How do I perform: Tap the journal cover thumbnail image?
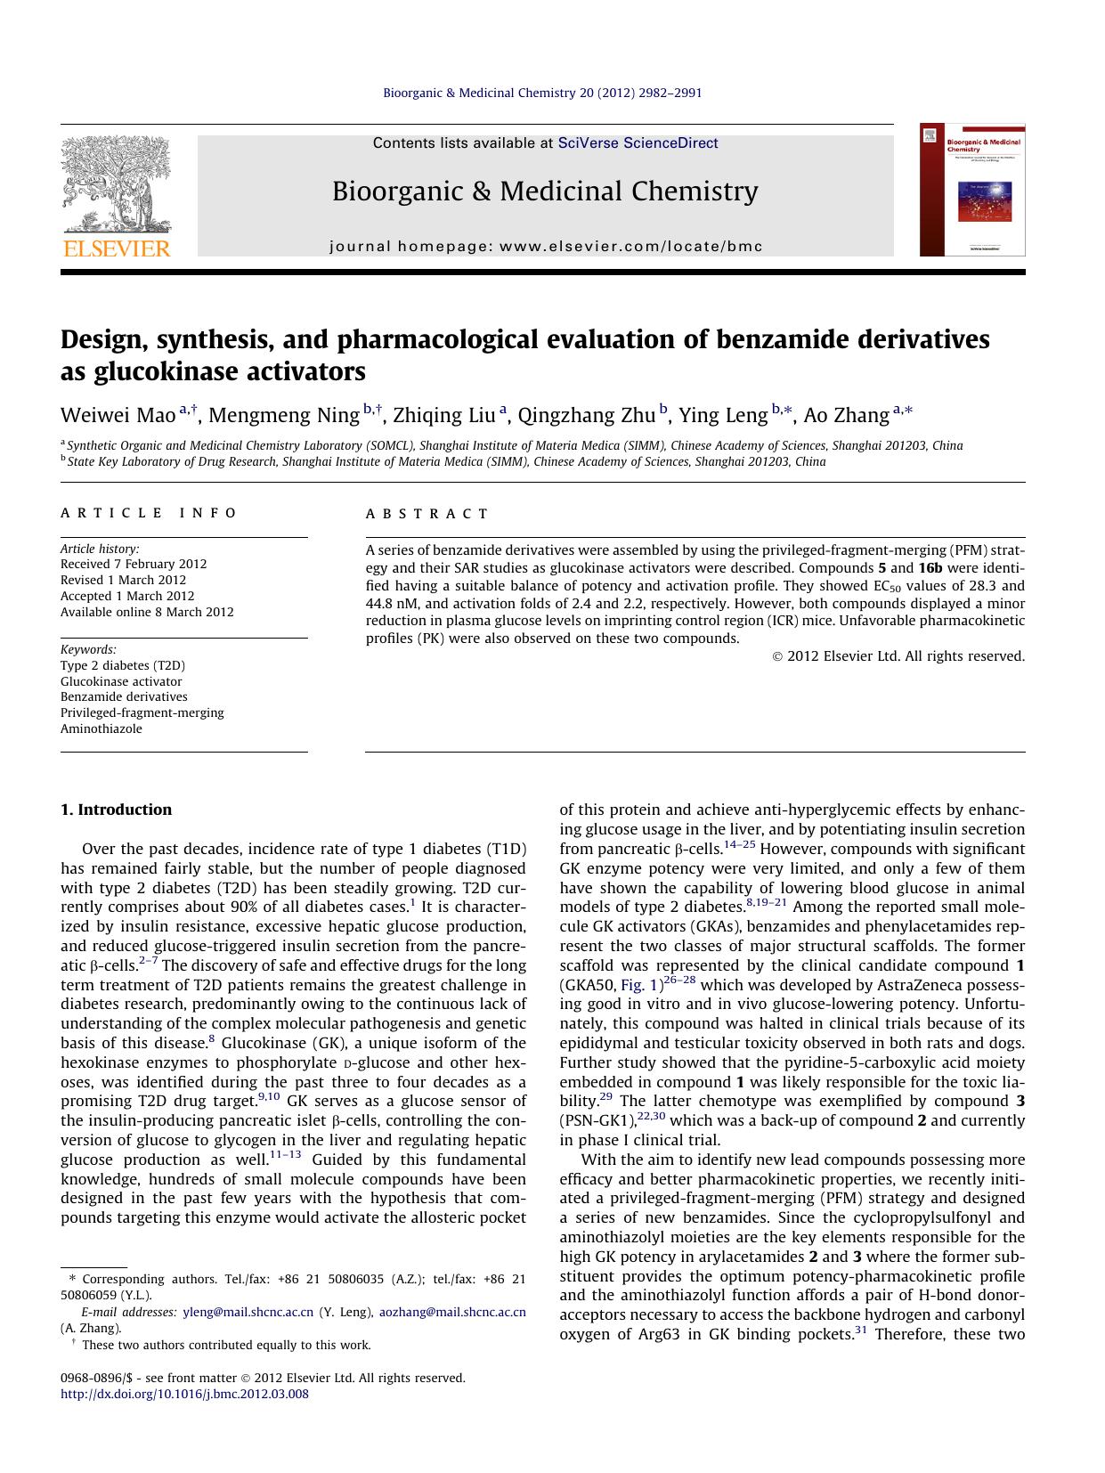click(x=971, y=190)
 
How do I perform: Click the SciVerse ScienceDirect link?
click(x=638, y=143)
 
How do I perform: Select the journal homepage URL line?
click(x=546, y=247)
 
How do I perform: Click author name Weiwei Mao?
click(x=118, y=416)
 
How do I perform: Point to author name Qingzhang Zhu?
click(x=586, y=416)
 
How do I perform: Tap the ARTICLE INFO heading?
click(x=149, y=513)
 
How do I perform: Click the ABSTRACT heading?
click(x=427, y=514)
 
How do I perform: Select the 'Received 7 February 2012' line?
click(x=134, y=564)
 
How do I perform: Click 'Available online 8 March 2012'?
click(x=147, y=612)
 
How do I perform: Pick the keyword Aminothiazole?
click(x=102, y=728)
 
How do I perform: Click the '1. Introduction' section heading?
click(x=116, y=810)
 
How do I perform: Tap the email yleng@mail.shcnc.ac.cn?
click(x=248, y=1312)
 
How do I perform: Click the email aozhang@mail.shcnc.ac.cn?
click(x=452, y=1312)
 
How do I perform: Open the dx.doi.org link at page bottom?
click(x=184, y=1395)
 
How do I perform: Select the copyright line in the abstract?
click(x=898, y=656)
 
